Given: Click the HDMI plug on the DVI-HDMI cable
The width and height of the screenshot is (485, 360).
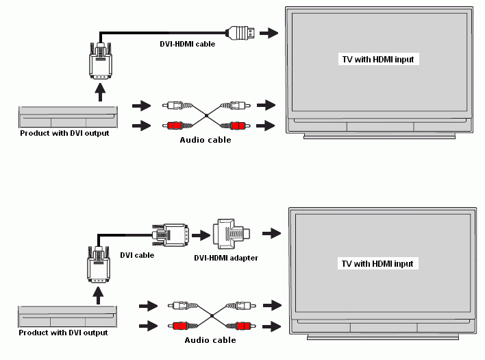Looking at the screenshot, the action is pos(240,33).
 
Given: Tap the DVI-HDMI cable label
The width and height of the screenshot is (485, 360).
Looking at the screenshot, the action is pos(188,44).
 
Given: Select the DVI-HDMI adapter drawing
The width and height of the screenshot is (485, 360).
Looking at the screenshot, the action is pos(231,234).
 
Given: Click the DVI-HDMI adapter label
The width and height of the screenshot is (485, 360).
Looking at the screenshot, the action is pos(226,258).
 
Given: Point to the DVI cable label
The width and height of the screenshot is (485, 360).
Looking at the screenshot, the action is pos(137,255).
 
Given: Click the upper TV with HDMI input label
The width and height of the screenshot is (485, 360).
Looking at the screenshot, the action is pos(378,59).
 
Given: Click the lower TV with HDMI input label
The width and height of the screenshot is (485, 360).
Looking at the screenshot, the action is pos(377,263).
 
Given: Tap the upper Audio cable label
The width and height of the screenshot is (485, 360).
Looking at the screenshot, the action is pos(206,140).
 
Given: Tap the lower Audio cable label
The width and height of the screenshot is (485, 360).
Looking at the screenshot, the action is pos(210,340).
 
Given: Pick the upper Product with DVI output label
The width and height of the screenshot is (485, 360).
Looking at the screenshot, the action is pos(64,133).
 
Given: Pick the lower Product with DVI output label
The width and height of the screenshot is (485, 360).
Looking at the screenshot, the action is pos(64,333).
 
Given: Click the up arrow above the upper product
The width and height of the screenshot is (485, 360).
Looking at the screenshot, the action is pos(100,92).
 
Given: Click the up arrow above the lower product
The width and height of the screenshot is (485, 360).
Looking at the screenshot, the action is pos(99,296).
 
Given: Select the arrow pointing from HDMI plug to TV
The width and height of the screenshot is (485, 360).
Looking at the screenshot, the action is pos(269,33).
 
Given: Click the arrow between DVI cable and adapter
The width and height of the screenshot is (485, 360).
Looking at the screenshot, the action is pos(201,235).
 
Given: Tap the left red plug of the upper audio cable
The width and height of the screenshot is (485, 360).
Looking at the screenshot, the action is pos(177,125).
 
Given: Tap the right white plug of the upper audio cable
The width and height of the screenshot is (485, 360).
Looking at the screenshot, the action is pos(236,106).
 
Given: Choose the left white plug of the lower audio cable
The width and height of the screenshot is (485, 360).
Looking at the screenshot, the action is pos(183,306).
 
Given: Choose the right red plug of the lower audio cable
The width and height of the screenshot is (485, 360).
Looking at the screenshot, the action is pos(241,326).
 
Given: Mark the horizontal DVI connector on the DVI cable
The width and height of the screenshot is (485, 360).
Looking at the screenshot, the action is pos(171,235).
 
